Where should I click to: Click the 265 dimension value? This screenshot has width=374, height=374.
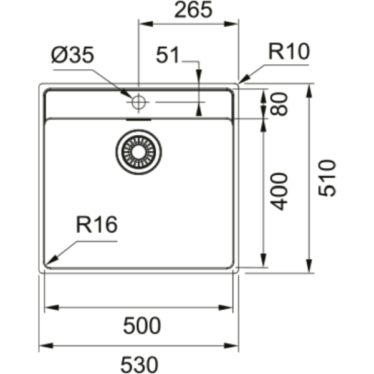tap(193, 10)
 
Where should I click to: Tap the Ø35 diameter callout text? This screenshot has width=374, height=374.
tap(73, 55)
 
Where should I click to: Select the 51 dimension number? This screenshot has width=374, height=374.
tap(168, 55)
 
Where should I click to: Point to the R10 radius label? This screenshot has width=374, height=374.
tap(289, 51)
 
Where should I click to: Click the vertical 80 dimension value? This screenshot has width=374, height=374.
tap(279, 104)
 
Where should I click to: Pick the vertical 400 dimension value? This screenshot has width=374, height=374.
tap(279, 191)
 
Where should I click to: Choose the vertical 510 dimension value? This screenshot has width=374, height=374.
tap(327, 178)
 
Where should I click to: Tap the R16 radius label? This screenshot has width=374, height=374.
tap(97, 224)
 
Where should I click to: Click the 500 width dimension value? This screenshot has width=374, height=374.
tap(142, 325)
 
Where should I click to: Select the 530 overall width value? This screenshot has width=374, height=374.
tap(140, 365)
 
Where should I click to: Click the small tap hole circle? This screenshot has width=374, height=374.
tap(138, 102)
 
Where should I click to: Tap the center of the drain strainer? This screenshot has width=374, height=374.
tap(138, 152)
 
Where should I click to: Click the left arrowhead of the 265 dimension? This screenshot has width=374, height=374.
tap(146, 24)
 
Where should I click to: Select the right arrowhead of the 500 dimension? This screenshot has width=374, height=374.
tap(226, 308)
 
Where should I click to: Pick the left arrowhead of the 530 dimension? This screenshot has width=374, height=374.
tap(46, 345)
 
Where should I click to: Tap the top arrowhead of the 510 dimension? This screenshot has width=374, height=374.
tap(309, 90)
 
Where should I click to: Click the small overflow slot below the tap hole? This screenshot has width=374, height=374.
tap(138, 120)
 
